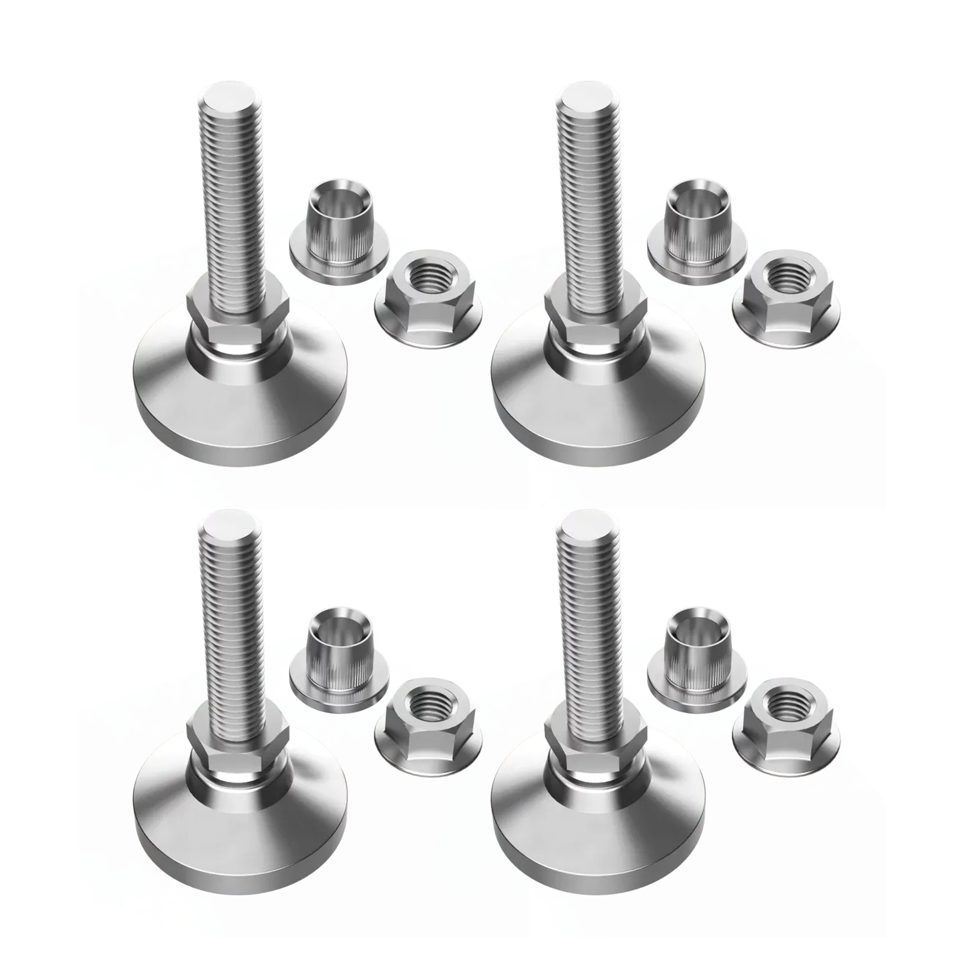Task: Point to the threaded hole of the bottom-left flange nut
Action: [426, 702]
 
